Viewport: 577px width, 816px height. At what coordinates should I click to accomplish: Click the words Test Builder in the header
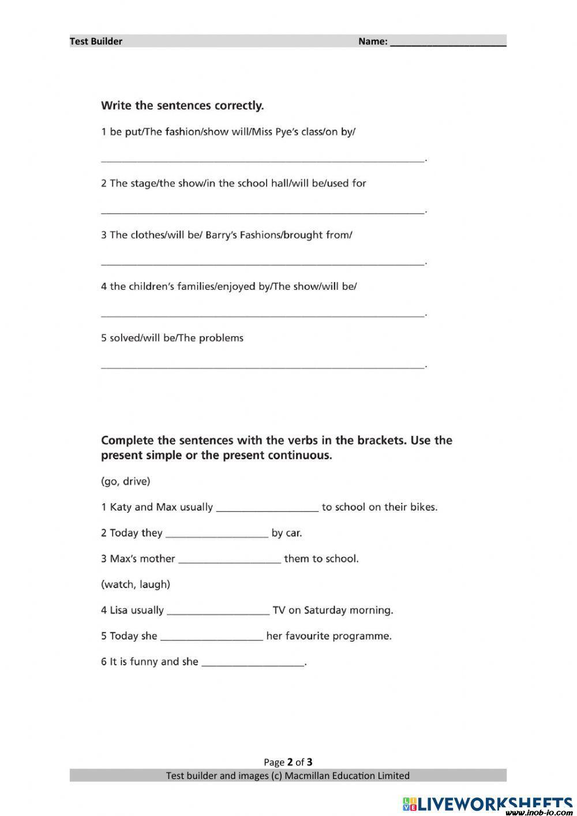coord(96,41)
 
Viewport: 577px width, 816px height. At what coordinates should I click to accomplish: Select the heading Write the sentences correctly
coord(182,106)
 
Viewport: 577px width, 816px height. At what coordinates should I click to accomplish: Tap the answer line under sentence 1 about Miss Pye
coord(263,159)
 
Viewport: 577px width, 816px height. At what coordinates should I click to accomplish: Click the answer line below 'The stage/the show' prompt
coord(263,211)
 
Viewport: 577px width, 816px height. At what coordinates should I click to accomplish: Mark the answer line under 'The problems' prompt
coord(263,366)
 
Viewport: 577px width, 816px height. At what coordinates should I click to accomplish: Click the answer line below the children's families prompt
coord(263,314)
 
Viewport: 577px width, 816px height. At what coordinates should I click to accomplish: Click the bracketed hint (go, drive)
coord(125,481)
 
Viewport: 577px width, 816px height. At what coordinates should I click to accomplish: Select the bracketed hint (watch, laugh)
coord(136,584)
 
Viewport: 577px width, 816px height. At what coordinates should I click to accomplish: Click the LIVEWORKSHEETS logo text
coord(493,803)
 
